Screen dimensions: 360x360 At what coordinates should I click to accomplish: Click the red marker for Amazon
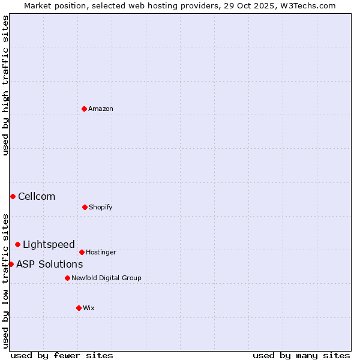pos(84,109)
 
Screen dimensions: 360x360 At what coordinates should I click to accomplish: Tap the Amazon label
pos(101,109)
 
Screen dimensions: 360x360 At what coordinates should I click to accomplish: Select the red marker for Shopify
pos(85,207)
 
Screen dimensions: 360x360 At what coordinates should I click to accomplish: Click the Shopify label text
pos(101,207)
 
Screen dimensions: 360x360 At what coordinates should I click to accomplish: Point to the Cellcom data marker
pos(13,196)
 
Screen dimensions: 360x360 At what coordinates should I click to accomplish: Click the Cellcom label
pos(37,196)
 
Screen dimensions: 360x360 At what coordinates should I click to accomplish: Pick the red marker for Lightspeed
pos(17,244)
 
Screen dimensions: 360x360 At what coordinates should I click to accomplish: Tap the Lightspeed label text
pos(49,244)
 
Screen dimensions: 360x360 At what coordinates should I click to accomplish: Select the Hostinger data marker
pos(82,252)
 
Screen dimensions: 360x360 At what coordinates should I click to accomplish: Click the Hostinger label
pos(101,252)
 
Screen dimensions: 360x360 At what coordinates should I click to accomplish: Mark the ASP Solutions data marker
pos(11,264)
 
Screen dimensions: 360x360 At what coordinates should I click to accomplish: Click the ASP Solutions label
pos(49,264)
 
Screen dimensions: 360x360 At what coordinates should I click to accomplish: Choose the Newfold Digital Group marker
pos(67,278)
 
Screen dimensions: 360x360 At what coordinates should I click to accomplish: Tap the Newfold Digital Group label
pos(106,278)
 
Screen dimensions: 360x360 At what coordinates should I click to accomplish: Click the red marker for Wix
pos(79,308)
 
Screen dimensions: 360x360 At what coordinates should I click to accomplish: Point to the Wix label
pos(89,308)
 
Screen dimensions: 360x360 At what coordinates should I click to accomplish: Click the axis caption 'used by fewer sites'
pos(62,355)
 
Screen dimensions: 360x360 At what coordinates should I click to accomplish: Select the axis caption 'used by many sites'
pos(301,355)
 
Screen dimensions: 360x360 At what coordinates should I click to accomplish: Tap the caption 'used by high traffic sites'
pos(5,85)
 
